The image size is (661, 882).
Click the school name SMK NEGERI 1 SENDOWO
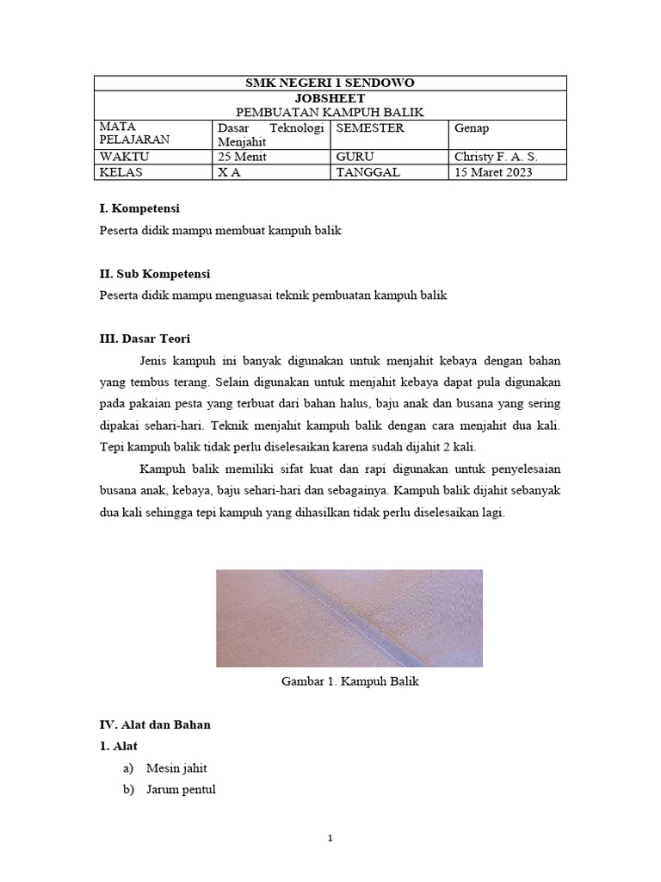coord(330,84)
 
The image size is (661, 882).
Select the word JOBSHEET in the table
coord(330,98)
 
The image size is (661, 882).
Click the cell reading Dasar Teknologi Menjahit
coord(271,134)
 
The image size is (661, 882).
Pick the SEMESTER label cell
coord(370,128)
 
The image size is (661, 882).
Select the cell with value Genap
coord(473,128)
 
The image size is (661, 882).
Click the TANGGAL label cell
coord(368,172)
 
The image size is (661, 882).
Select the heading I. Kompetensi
coord(139,208)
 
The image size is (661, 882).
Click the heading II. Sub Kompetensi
coord(155,274)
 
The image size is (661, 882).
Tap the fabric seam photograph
coord(349,618)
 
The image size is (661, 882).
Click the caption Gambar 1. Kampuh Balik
coord(349,681)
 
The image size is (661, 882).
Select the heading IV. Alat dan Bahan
coord(155,724)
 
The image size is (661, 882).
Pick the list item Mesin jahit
coord(176,767)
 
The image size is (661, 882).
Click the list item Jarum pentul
coord(181,789)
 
